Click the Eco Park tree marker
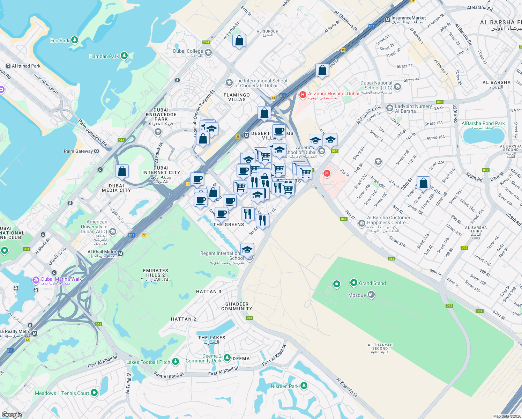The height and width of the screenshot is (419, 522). coord(74,40)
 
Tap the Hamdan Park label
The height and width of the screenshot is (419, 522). coord(104,56)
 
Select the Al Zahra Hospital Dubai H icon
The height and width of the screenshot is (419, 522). coord(303,94)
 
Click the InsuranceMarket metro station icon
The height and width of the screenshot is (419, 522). coord(387,20)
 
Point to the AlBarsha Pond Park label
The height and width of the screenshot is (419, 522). coord(483,124)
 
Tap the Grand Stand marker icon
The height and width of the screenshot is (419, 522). coord(354,282)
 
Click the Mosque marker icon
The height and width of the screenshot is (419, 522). coord(371,295)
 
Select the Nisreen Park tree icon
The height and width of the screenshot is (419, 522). coord(304,385)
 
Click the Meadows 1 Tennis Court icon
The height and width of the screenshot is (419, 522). coord(94,393)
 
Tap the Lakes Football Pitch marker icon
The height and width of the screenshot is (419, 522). coord(176,362)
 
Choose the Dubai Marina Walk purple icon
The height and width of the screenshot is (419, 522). coord(36,280)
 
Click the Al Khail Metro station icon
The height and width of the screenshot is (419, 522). coord(120,254)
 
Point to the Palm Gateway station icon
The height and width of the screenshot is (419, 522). coord(97,151)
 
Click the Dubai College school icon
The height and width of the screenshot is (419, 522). coord(208,53)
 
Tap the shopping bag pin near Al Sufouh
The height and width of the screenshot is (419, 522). coord(239,41)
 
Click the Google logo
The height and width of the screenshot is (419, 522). coord(12,414)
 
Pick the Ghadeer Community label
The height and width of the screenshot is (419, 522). coord(237,306)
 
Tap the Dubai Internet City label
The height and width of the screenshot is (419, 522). coord(161,172)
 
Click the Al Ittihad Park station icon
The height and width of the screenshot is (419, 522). coord(8,66)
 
